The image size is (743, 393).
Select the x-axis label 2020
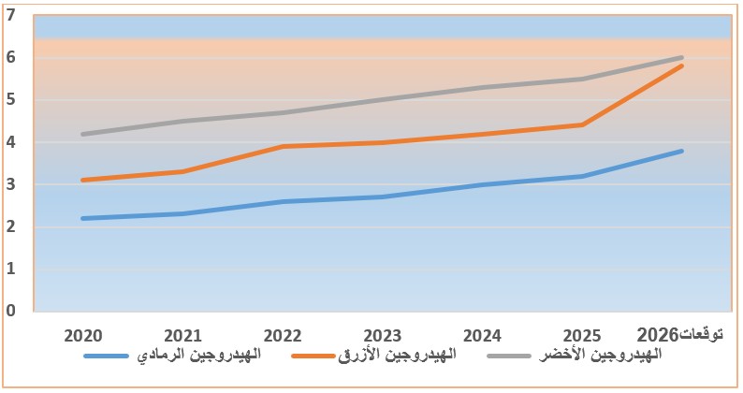coord(84,335)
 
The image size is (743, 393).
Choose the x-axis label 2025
coord(582,335)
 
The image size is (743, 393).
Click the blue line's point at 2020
coord(84,218)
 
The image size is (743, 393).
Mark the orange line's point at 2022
coord(283,146)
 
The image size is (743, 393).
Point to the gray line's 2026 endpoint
coord(682,57)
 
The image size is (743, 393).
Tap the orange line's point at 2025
coord(582,124)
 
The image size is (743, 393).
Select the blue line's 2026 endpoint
coord(682,151)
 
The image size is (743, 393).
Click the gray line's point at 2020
coord(84,134)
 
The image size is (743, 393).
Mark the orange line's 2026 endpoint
coord(682,65)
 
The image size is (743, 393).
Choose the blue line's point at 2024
coord(482,184)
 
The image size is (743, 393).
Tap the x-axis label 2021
coord(183,335)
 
